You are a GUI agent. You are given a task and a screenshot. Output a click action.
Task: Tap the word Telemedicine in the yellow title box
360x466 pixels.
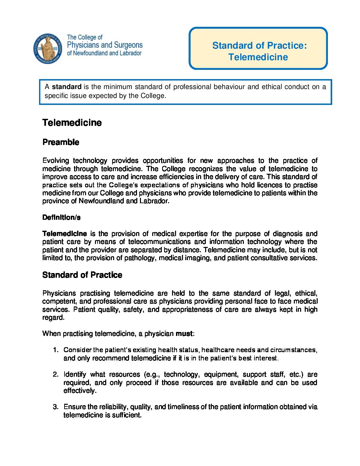pyautogui.click(x=258, y=57)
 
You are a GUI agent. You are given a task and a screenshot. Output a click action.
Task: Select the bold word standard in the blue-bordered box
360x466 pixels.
pyautogui.click(x=67, y=87)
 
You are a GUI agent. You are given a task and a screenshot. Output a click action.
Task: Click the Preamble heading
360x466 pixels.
pyautogui.click(x=61, y=142)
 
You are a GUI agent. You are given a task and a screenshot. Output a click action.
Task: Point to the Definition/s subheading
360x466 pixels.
pyautogui.click(x=62, y=217)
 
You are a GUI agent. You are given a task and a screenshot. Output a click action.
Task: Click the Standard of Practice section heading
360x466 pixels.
pyautogui.click(x=82, y=275)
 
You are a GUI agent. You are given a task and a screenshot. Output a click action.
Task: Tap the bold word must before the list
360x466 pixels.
pyautogui.click(x=184, y=334)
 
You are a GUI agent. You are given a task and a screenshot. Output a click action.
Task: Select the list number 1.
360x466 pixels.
pyautogui.click(x=56, y=350)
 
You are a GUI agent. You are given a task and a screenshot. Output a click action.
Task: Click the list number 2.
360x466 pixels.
pyautogui.click(x=56, y=375)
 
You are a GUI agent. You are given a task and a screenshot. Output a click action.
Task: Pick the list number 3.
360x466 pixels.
pyautogui.click(x=56, y=407)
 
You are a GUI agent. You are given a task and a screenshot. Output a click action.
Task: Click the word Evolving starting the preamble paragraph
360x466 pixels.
pyautogui.click(x=56, y=161)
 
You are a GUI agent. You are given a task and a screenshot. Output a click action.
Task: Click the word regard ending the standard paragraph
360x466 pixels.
pyautogui.click(x=53, y=318)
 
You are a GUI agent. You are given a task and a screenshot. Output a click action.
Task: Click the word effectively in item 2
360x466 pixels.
pyautogui.click(x=80, y=391)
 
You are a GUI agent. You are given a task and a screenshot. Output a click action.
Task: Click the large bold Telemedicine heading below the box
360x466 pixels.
pyautogui.click(x=72, y=123)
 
